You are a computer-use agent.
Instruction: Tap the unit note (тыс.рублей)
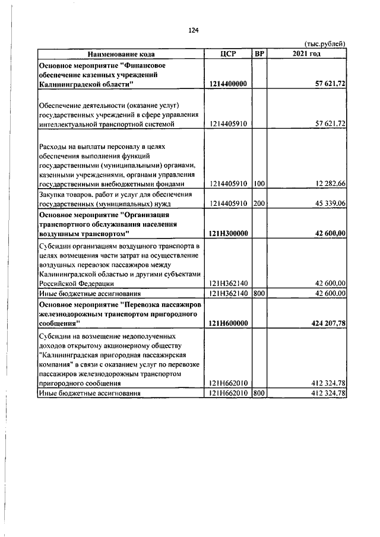324,44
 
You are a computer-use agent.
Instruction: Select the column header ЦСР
227,54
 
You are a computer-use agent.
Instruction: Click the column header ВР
259,54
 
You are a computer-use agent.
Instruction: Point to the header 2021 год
307,54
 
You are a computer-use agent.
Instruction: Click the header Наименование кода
121,54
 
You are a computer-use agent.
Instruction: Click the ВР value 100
259,184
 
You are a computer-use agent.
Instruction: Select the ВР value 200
259,204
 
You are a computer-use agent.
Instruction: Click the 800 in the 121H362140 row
259,293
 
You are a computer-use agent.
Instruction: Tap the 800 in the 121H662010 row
259,393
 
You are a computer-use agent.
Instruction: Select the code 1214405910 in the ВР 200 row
227,204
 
